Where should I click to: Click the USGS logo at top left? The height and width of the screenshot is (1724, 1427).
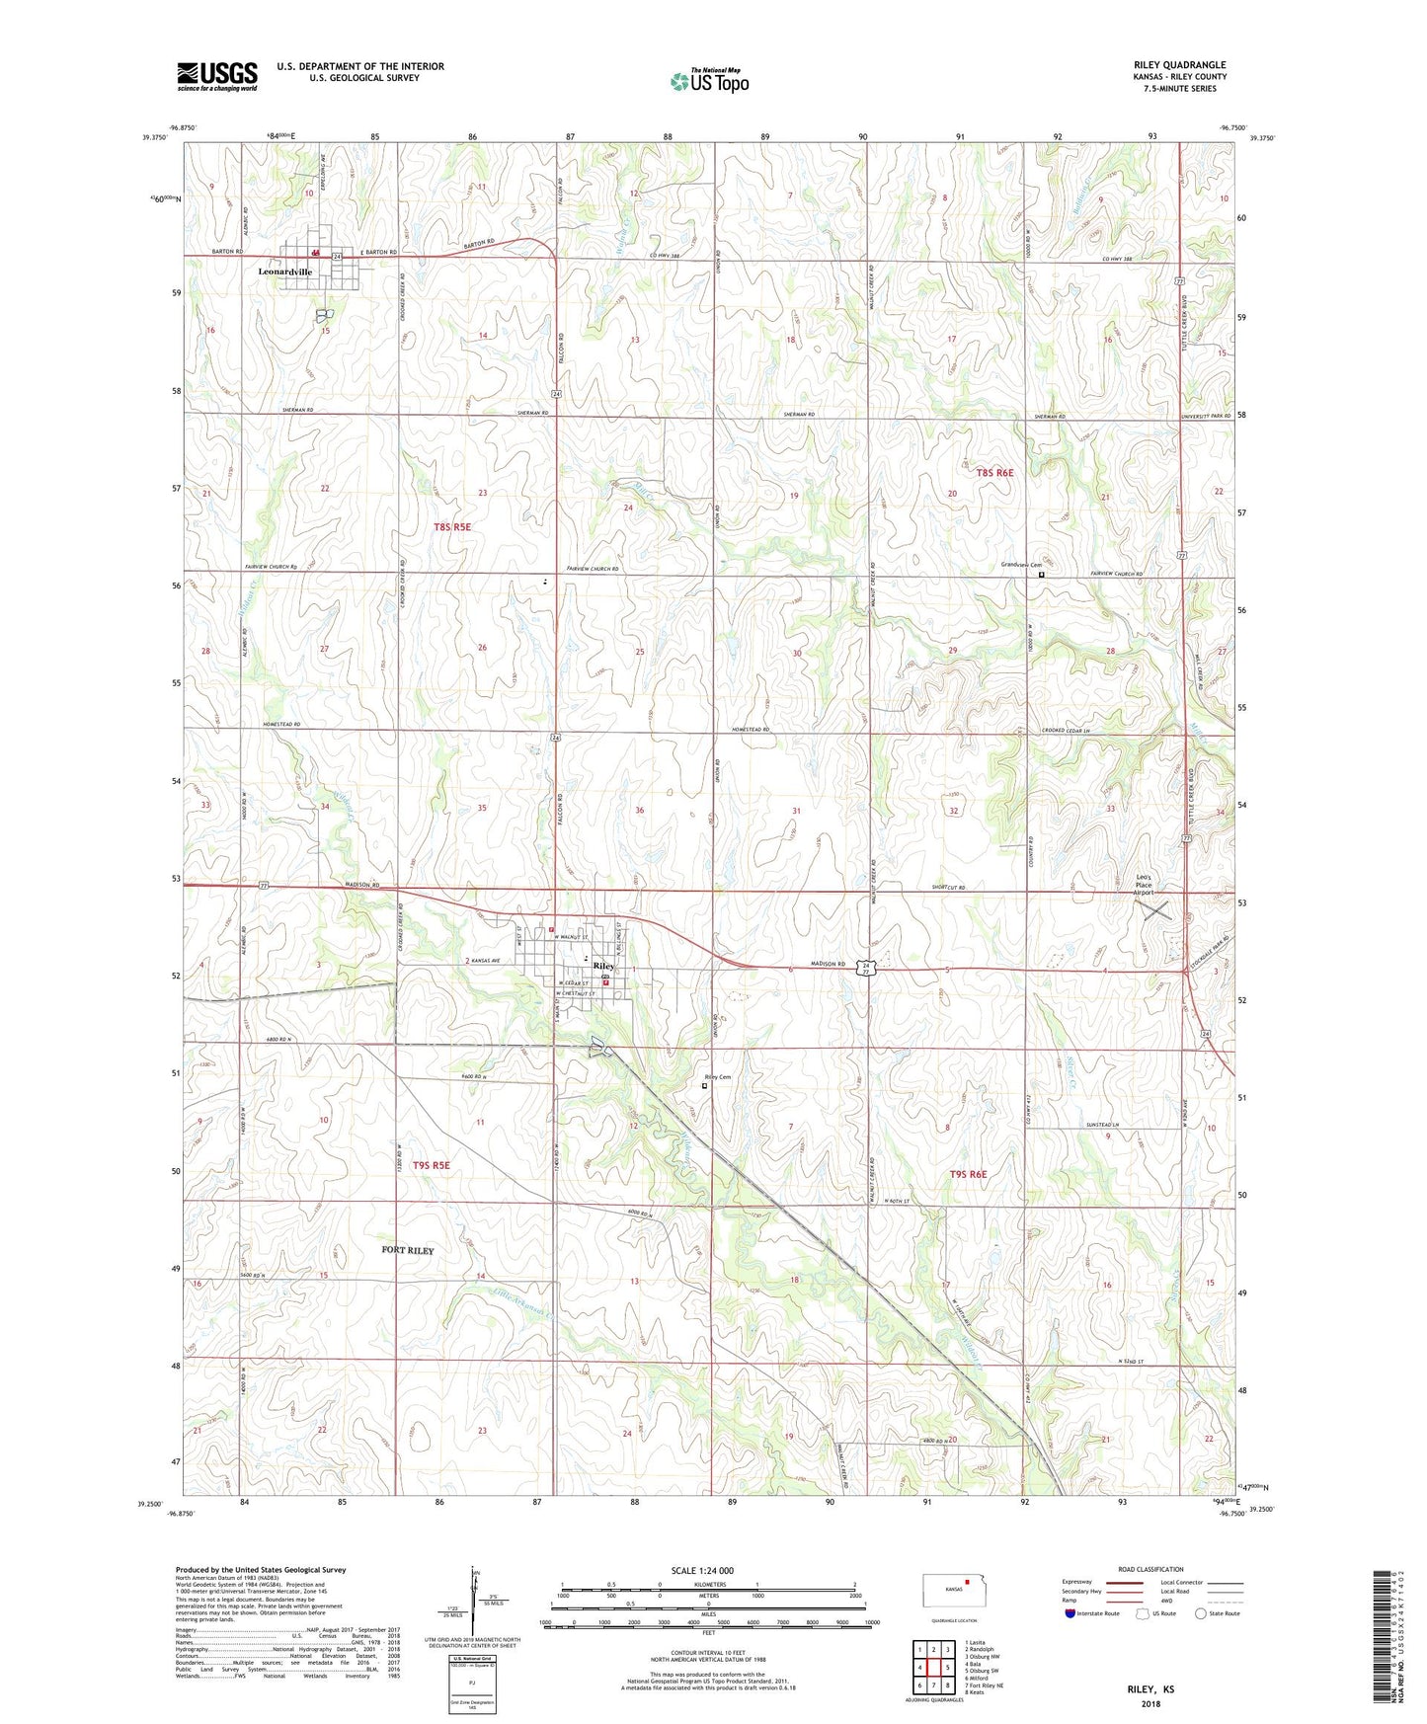click(x=216, y=76)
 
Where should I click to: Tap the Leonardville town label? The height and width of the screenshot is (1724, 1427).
click(x=284, y=272)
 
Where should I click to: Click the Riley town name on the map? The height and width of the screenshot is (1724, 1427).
click(x=603, y=966)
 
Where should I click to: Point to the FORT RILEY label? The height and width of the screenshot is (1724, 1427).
click(x=408, y=1250)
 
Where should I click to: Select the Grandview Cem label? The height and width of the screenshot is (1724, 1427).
click(x=1022, y=565)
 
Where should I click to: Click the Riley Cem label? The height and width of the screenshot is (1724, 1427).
click(x=718, y=1077)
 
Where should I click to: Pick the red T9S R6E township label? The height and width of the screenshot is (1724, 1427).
click(x=968, y=1174)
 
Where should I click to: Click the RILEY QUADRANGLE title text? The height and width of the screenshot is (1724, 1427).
click(x=1180, y=65)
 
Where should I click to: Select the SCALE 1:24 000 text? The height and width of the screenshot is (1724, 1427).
click(x=702, y=1571)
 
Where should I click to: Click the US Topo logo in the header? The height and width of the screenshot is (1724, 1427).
click(x=709, y=82)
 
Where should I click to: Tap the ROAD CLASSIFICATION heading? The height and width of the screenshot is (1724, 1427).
click(x=1150, y=1569)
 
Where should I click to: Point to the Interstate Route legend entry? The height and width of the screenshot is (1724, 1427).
click(x=1098, y=1614)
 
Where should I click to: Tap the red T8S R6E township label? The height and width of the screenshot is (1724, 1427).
click(x=994, y=473)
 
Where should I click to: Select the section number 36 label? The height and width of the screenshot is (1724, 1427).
click(x=640, y=811)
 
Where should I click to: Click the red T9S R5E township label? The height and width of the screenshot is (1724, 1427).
click(x=431, y=1165)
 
